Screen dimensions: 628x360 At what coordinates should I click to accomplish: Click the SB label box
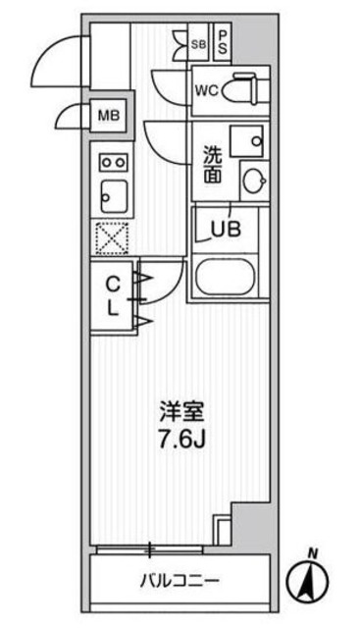pyautogui.click(x=198, y=43)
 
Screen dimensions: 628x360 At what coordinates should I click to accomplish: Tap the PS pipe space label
pyautogui.click(x=224, y=41)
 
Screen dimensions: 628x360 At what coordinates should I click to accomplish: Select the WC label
pyautogui.click(x=206, y=92)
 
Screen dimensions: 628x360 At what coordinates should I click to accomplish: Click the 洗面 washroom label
pyautogui.click(x=212, y=165)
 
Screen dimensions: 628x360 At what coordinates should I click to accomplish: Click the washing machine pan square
pyautogui.click(x=247, y=138)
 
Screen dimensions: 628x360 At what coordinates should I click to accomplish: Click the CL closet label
pyautogui.click(x=113, y=296)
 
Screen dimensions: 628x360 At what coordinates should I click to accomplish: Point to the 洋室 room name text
pyautogui.click(x=185, y=408)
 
